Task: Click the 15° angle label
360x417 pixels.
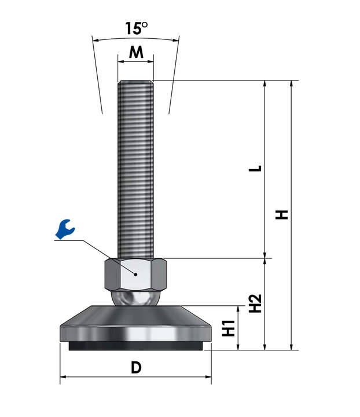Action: [136, 28]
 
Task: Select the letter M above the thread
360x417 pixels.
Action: [136, 52]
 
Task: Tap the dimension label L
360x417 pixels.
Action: [255, 169]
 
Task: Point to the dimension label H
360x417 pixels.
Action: [282, 215]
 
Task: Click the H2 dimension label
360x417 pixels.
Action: [255, 303]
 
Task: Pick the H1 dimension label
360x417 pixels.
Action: [229, 328]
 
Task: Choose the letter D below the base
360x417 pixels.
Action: [136, 368]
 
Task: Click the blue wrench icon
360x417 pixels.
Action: [65, 229]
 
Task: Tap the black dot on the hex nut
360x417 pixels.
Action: [136, 275]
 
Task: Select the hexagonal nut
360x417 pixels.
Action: [135, 275]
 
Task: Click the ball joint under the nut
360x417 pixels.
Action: [135, 298]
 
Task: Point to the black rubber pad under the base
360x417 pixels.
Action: [136, 346]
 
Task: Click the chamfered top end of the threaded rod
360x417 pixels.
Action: [135, 82]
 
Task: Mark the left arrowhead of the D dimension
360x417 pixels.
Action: [63, 376]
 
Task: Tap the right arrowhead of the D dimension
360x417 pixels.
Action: [208, 376]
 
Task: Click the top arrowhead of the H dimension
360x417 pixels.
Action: [292, 83]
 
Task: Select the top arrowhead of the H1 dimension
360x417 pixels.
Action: [238, 309]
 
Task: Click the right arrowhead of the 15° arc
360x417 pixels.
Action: [175, 41]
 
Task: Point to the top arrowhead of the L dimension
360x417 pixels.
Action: [265, 83]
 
